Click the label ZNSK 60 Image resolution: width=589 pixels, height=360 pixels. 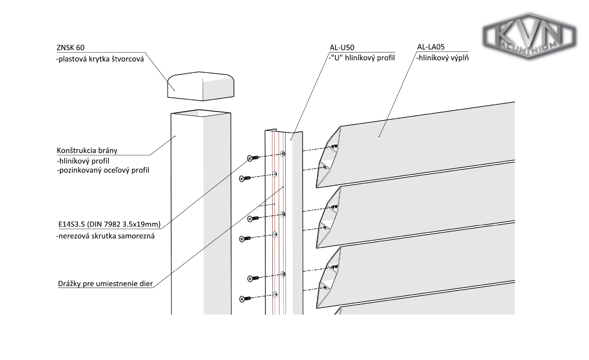[x=70, y=48]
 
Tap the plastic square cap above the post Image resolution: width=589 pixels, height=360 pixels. [x=200, y=86]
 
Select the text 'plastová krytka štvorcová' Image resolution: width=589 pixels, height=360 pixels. [x=100, y=60]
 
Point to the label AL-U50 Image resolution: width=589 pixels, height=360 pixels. [x=342, y=48]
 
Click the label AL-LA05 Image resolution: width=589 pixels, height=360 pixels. [x=431, y=47]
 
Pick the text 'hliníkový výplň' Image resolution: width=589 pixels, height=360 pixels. [x=443, y=58]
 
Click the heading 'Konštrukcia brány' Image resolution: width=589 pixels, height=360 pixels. [x=87, y=150]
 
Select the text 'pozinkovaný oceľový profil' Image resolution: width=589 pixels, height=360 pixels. [x=103, y=170]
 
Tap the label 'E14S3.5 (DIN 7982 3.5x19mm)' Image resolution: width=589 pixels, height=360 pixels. [x=109, y=224]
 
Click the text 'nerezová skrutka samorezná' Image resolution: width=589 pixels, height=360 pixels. [x=105, y=236]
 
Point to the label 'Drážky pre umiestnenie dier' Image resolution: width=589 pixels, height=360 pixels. [x=105, y=284]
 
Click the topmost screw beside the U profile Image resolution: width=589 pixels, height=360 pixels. [x=253, y=158]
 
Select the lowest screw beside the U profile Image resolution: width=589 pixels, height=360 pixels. [x=245, y=299]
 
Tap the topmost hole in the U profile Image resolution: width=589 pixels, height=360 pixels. [x=283, y=154]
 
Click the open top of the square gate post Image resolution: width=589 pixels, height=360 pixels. [x=201, y=113]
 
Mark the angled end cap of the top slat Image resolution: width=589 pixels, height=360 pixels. [x=328, y=157]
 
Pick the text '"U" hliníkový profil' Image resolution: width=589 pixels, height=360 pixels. [x=362, y=58]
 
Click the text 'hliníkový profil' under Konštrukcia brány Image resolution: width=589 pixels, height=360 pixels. [x=83, y=161]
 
